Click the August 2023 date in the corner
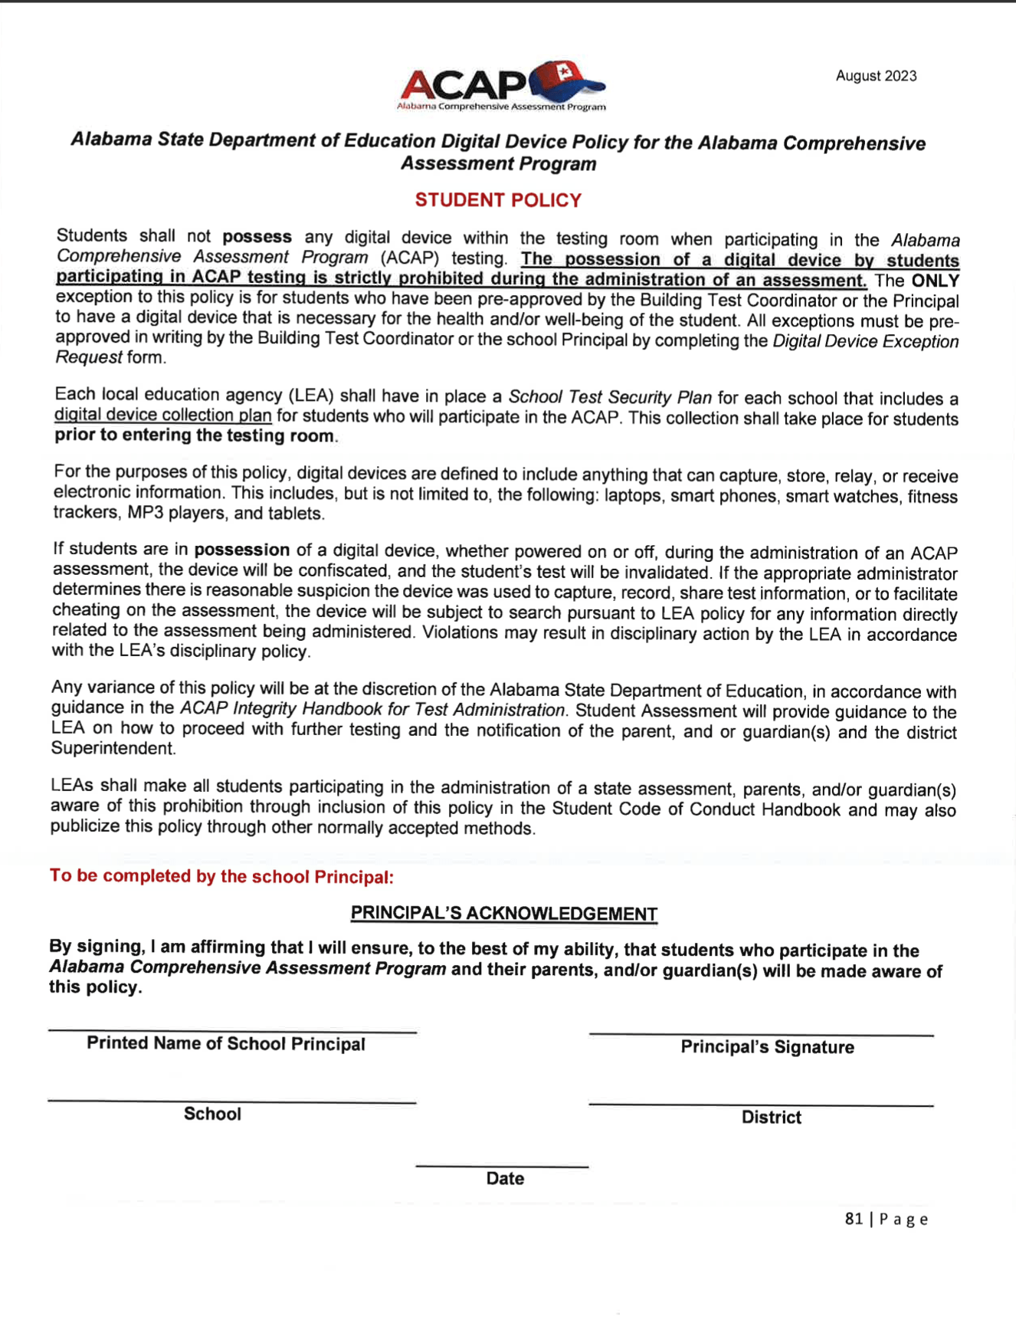(x=876, y=76)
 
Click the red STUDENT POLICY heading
(x=498, y=200)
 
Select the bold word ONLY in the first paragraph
(x=935, y=281)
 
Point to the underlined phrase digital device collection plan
(x=162, y=415)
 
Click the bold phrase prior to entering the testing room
(x=195, y=436)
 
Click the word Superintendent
(x=113, y=748)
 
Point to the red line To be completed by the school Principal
(x=221, y=876)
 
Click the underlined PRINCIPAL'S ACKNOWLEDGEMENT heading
(x=503, y=914)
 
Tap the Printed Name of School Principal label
(x=225, y=1044)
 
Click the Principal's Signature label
(x=767, y=1047)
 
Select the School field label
(x=212, y=1114)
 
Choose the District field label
(x=771, y=1118)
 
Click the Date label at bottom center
(x=505, y=1179)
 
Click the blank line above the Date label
(x=502, y=1166)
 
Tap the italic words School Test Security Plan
(x=610, y=397)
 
